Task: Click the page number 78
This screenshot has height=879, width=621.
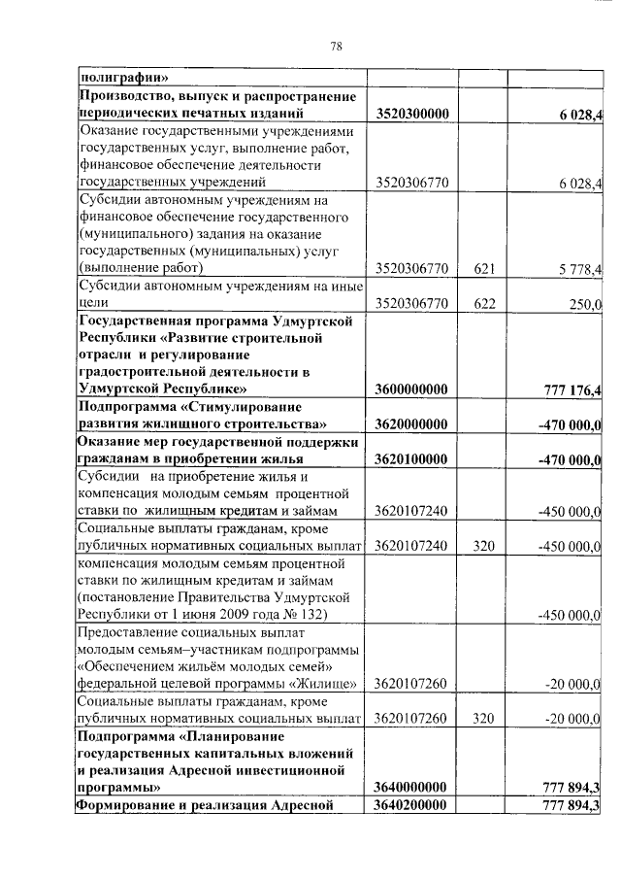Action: [x=336, y=45]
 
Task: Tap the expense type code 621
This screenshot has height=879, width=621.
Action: [x=484, y=268]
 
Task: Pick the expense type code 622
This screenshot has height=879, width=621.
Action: [x=484, y=303]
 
